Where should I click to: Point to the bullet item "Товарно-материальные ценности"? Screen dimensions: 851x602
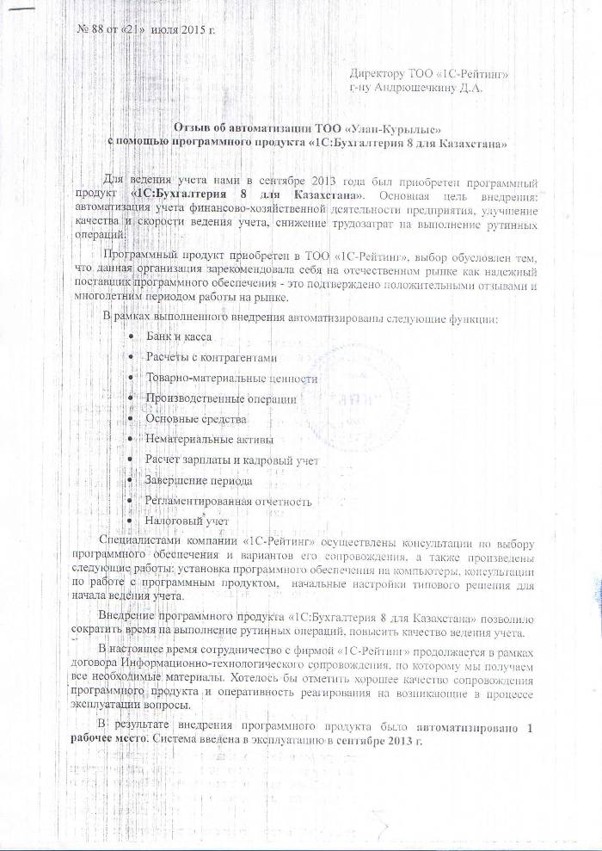coord(231,378)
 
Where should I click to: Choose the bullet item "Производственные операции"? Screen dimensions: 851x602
coord(221,398)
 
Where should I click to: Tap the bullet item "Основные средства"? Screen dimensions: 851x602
coord(195,419)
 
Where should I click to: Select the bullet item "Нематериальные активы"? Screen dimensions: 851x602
coord(209,440)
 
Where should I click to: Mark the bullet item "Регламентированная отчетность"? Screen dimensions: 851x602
coord(229,502)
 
